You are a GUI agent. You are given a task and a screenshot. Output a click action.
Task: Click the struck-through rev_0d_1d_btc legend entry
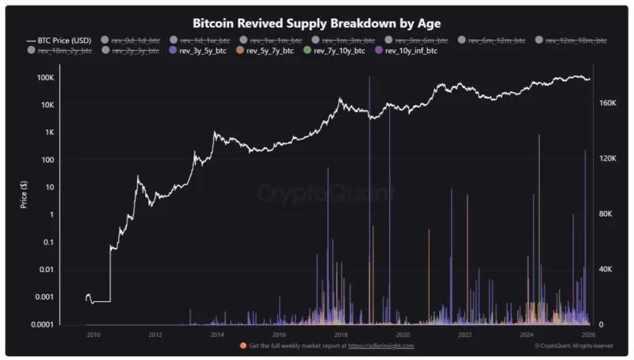pyautogui.click(x=131, y=40)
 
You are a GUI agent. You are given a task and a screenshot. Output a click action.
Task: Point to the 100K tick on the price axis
pyautogui.click(x=45, y=78)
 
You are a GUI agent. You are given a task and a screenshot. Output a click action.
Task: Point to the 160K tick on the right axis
pyautogui.click(x=605, y=103)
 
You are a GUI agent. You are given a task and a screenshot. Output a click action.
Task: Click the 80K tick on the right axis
pyautogui.click(x=605, y=214)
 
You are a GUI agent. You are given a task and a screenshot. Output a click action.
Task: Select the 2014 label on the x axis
pyautogui.click(x=217, y=335)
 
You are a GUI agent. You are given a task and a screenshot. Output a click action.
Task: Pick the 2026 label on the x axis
pyautogui.click(x=588, y=335)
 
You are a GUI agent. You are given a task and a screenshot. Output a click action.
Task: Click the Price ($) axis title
pyautogui.click(x=25, y=194)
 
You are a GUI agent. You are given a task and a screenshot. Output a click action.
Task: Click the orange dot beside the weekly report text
pyautogui.click(x=243, y=346)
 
